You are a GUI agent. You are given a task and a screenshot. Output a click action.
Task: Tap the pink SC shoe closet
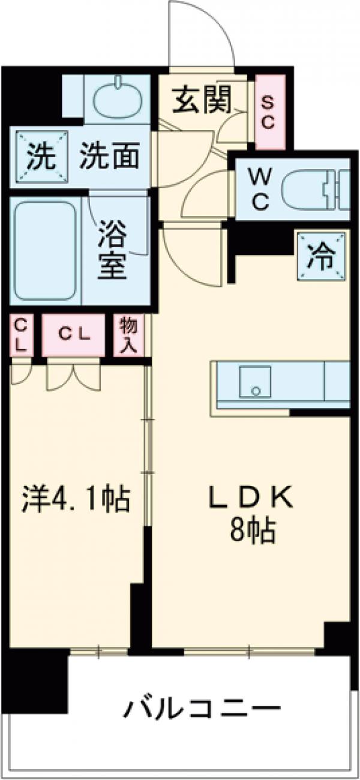tap(267, 113)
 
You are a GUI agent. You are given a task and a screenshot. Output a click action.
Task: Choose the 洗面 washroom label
tap(110, 157)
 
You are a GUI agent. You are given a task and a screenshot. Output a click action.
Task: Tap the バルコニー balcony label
tap(203, 710)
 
